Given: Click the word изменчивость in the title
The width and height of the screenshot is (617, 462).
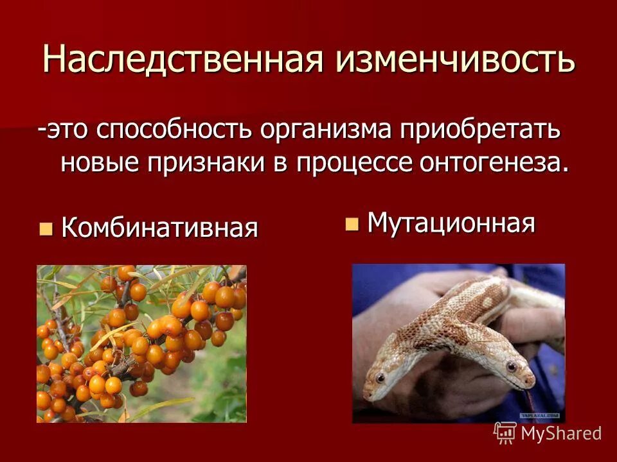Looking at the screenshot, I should coord(454,60).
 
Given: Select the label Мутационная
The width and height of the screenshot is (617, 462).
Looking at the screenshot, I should coord(451,223).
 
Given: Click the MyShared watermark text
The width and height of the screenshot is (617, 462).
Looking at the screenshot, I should coord(561,433).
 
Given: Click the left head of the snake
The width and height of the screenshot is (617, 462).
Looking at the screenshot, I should coord(386,379).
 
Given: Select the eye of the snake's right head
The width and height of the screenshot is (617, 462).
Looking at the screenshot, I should coord(511,366).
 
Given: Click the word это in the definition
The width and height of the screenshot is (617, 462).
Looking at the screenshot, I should coord(68,130).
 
